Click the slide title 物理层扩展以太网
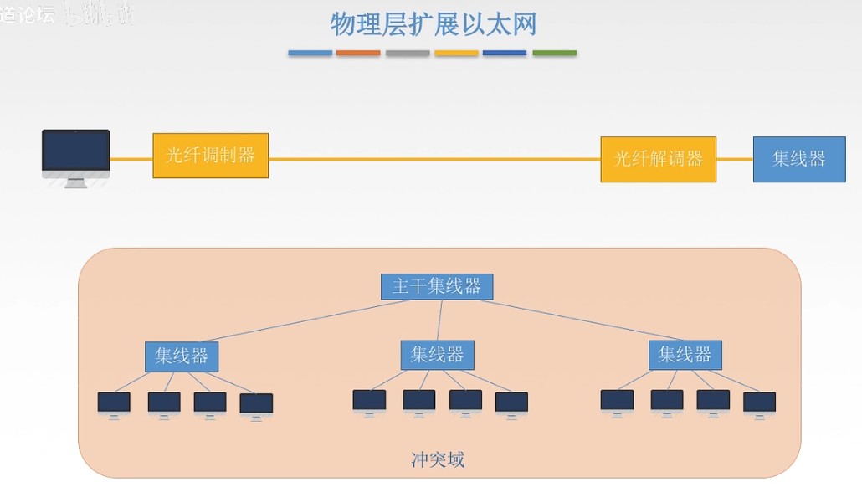pos(433,24)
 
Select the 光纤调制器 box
pos(210,156)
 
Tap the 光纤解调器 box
pos(658,159)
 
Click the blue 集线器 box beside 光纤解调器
pos(798,159)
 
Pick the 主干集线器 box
pos(437,286)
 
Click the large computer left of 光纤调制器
pos(75,156)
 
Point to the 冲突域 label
pos(438,459)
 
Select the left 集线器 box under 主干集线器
pos(182,356)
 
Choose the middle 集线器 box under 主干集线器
pos(437,355)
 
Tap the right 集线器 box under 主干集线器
pos(685,355)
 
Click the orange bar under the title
pos(358,54)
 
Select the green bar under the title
pos(554,54)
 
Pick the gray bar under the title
pos(408,54)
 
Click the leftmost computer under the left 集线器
pos(114,403)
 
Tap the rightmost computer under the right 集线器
pos(759,403)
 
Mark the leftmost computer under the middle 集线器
pos(369,401)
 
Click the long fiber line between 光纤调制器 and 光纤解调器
pos(434,159)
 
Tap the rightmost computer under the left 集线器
pos(256,405)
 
